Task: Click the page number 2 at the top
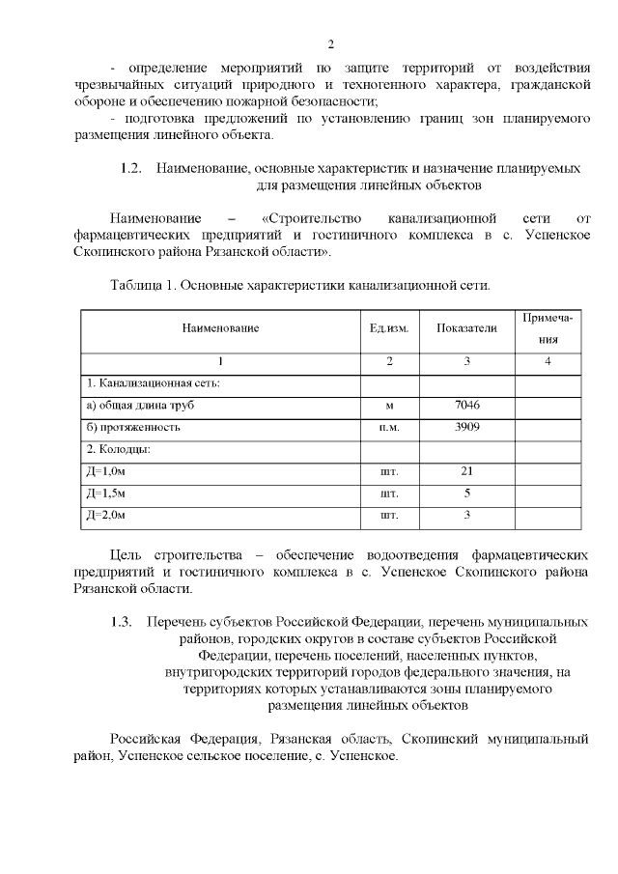330,44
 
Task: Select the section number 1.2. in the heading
131,168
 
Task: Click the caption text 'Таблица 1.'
141,286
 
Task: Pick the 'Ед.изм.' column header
389,328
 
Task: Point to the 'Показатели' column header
466,328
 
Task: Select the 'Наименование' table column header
220,328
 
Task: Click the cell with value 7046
466,405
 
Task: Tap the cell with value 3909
466,426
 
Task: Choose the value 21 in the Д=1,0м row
466,471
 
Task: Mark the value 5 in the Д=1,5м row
466,493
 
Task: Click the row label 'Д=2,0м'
106,515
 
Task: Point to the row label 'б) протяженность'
133,427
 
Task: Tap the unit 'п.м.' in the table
389,427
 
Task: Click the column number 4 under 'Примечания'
548,361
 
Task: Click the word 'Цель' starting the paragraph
126,554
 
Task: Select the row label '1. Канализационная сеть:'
154,383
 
